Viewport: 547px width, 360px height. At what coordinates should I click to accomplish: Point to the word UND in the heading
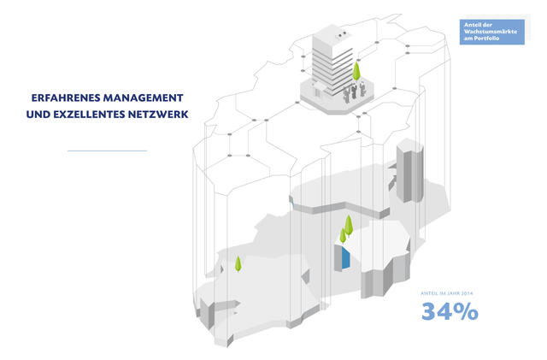41,112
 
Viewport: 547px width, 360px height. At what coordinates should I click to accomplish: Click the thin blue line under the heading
107,150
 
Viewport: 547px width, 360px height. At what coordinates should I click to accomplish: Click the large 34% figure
449,312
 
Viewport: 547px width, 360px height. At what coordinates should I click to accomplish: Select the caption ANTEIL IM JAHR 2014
447,294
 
